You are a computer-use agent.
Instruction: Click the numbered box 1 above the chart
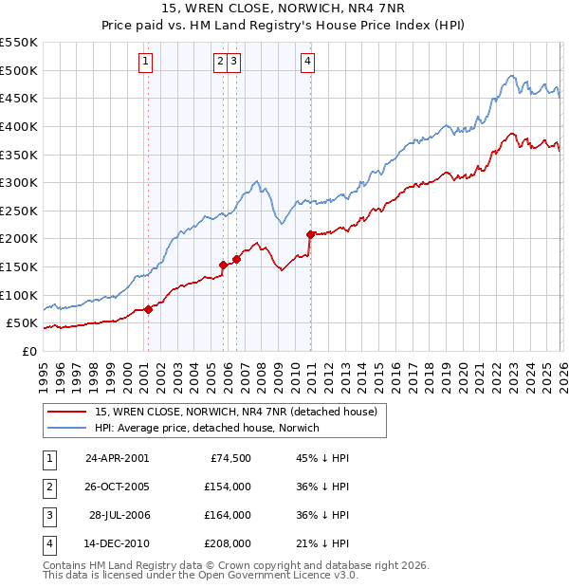coord(146,63)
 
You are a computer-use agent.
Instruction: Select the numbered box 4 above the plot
coord(308,63)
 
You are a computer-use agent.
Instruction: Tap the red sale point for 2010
coord(311,233)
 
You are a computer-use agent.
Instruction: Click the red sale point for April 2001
coord(149,309)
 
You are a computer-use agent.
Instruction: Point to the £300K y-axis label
coord(19,182)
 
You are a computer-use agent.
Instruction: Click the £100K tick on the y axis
coord(19,295)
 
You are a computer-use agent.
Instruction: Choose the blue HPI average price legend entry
coord(207,428)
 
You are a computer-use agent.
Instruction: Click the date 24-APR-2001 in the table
coord(117,457)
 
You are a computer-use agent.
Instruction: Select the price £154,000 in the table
coord(227,486)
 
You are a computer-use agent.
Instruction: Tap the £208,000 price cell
coord(227,543)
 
